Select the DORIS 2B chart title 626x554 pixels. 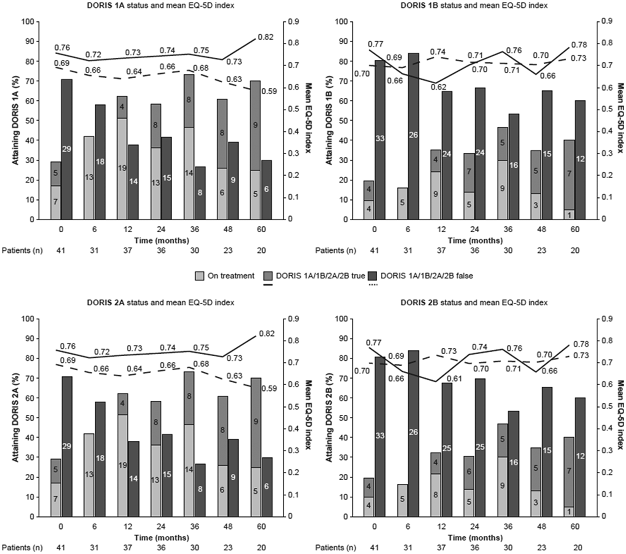[x=474, y=302]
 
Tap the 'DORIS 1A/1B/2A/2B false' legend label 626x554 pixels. [x=427, y=276]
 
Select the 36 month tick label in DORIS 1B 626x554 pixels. [x=508, y=229]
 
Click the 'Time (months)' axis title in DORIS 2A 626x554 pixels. [x=162, y=538]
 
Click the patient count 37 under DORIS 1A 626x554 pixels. [x=128, y=250]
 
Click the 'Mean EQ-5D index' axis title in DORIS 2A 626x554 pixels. [x=308, y=417]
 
